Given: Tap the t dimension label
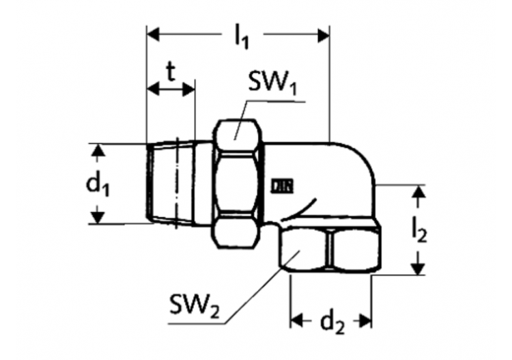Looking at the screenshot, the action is (x=171, y=72).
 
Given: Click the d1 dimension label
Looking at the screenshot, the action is (x=98, y=184).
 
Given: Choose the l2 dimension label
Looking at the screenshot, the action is (x=419, y=231).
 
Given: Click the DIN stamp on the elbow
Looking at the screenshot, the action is (x=282, y=186).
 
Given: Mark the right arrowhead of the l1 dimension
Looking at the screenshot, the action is (x=324, y=35).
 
